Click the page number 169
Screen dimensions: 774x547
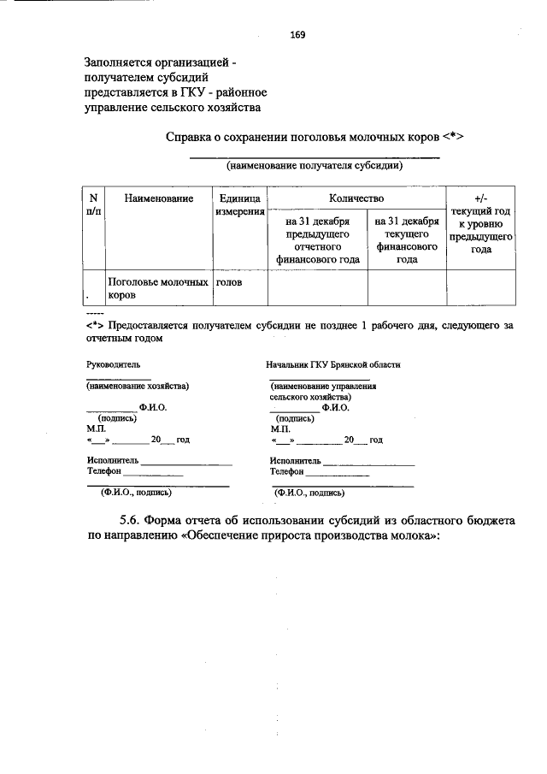pos(297,36)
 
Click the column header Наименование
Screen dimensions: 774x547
pos(158,198)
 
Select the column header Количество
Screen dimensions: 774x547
pos(356,198)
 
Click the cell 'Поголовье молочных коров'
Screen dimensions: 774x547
pos(158,287)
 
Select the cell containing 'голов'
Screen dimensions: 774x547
pos(229,281)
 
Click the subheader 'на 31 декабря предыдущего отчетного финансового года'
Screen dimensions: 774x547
pos(318,239)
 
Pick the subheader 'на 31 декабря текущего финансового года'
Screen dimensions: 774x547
pos(407,239)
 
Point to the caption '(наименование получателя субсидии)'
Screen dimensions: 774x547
pos(314,166)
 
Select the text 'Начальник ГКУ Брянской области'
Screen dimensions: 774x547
pos(333,364)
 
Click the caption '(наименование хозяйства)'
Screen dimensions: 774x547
pos(138,386)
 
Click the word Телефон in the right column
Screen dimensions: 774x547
pos(287,470)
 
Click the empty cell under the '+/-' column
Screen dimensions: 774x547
pos(479,287)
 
